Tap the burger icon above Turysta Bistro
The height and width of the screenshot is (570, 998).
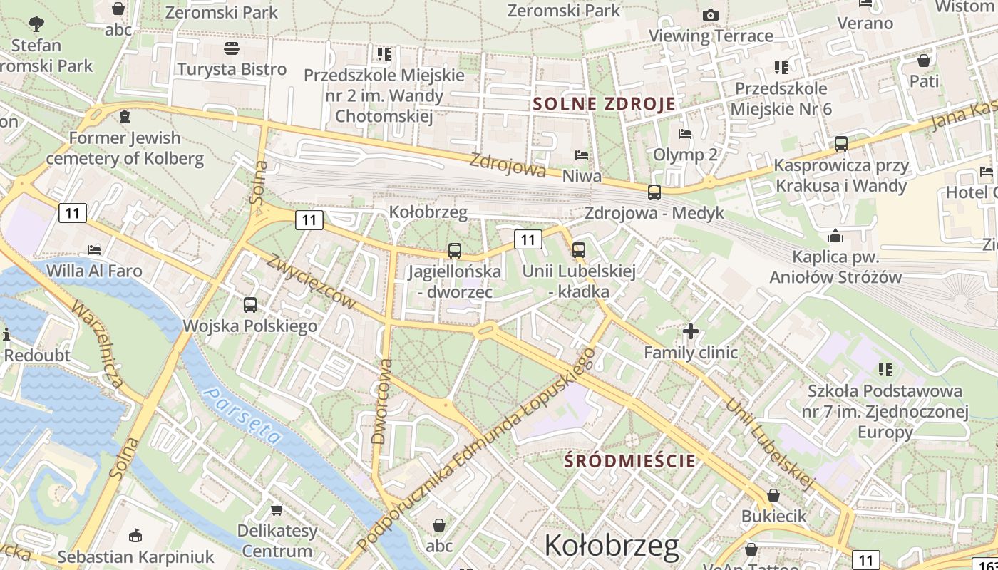(x=231, y=48)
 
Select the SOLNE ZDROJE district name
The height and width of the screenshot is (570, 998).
(x=605, y=104)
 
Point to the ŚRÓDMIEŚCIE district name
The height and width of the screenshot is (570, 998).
(x=629, y=460)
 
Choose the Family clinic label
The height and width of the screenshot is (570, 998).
(x=691, y=352)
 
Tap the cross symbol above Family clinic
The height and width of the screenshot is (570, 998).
(x=690, y=331)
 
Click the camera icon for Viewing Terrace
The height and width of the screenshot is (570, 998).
(x=710, y=15)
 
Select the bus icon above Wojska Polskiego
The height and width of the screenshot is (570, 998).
(x=250, y=305)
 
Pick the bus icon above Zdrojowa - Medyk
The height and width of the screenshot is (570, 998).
(x=654, y=192)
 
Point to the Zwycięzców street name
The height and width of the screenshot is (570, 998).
(x=312, y=281)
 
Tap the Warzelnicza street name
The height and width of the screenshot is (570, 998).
(x=99, y=344)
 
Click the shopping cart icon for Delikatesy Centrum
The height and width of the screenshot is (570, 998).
(x=277, y=509)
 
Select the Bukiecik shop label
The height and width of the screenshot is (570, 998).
(x=773, y=516)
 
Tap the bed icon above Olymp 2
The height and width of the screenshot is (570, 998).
(x=685, y=133)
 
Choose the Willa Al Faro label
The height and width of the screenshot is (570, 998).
(x=94, y=271)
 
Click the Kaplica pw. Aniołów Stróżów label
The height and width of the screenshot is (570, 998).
(x=835, y=267)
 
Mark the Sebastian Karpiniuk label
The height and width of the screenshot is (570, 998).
(x=135, y=556)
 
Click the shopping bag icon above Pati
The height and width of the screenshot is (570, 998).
(x=924, y=61)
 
